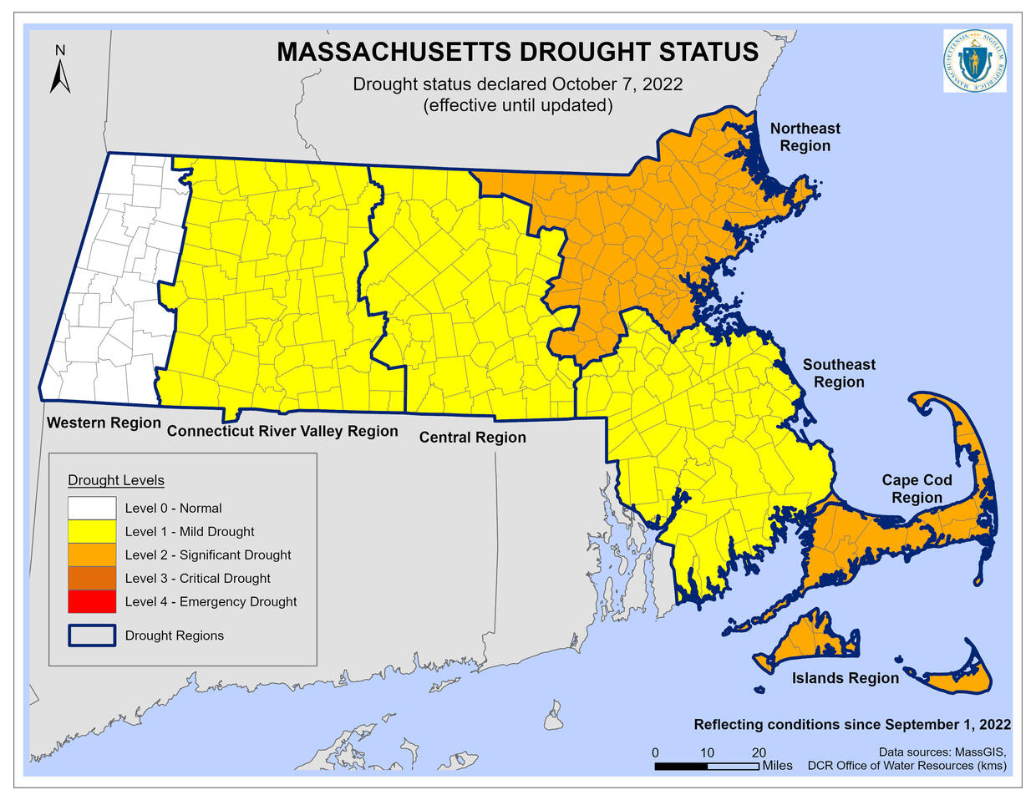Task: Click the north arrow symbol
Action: (59, 70)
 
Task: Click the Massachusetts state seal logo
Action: (974, 61)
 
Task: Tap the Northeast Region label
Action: (805, 137)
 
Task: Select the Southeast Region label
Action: (839, 373)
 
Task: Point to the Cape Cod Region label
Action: (917, 489)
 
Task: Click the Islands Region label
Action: (845, 678)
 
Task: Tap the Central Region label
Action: (472, 438)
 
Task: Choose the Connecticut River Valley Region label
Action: (282, 431)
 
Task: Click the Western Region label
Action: (104, 423)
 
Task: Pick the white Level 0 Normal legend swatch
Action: (92, 508)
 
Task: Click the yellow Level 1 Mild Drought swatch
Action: (92, 531)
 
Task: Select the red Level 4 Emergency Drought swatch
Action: (92, 601)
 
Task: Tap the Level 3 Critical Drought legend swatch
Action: (92, 578)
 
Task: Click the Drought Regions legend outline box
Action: (92, 635)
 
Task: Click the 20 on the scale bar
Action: (759, 752)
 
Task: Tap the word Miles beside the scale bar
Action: (777, 766)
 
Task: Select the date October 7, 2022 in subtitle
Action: (617, 84)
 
